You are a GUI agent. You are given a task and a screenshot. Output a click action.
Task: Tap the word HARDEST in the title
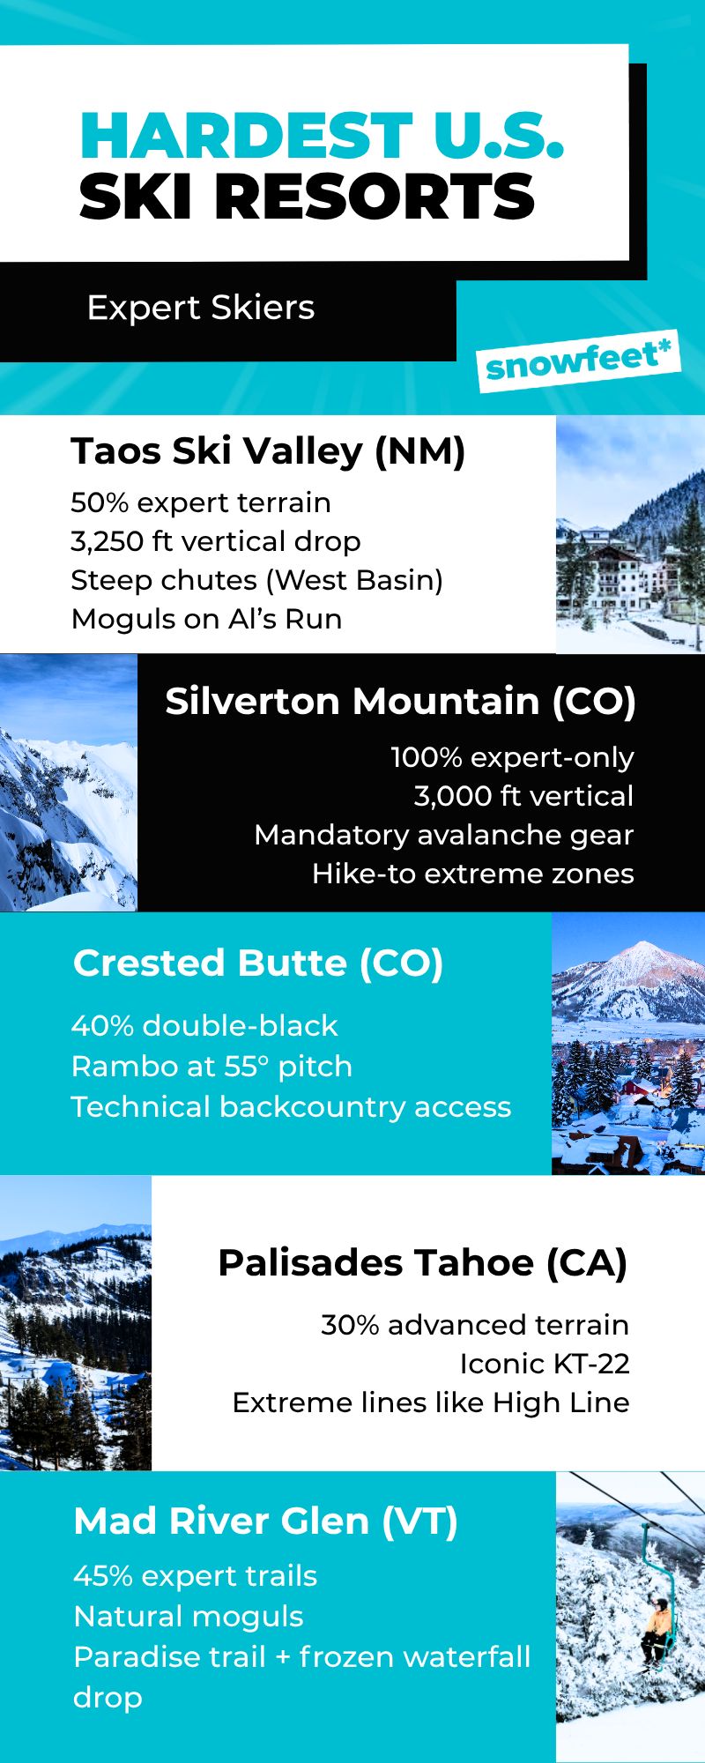click(x=245, y=137)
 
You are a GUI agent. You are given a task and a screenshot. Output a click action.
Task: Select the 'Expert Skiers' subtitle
click(x=201, y=309)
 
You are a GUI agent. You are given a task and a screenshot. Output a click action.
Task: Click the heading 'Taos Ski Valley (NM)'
click(x=268, y=451)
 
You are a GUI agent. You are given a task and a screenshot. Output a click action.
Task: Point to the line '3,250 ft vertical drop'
click(x=216, y=541)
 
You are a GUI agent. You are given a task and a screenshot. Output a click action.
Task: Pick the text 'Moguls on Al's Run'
click(x=207, y=619)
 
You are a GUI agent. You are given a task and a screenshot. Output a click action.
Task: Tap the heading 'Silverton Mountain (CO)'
click(x=400, y=702)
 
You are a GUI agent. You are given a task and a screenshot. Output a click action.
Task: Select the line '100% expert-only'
click(x=512, y=757)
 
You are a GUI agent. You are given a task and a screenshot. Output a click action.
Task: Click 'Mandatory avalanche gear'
click(x=444, y=835)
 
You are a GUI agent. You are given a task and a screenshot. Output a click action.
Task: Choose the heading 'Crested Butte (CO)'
click(x=258, y=963)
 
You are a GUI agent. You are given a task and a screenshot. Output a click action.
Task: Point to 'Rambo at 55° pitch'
click(x=211, y=1067)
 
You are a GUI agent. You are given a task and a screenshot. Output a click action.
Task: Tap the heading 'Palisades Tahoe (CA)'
click(x=423, y=1263)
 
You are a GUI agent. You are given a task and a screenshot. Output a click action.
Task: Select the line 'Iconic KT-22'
click(x=545, y=1364)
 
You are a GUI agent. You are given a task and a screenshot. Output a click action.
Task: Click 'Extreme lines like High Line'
click(x=431, y=1402)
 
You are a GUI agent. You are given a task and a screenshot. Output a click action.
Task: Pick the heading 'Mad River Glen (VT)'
click(x=266, y=1521)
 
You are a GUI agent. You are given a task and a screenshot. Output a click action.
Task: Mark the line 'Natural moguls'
click(x=189, y=1617)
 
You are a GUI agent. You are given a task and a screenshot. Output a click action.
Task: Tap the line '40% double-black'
click(x=204, y=1026)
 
